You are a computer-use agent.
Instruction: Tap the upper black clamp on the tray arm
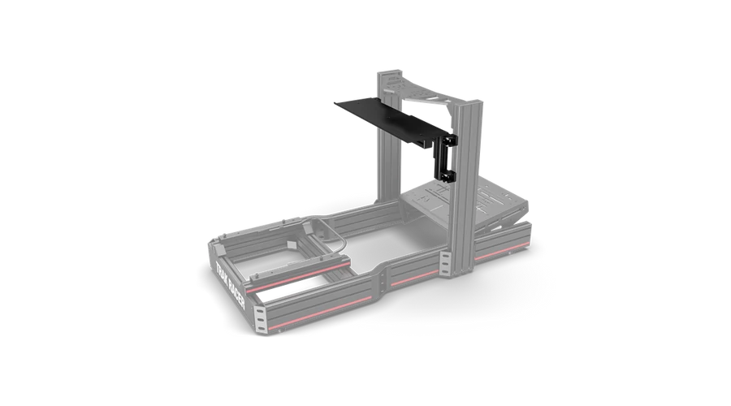(449, 140)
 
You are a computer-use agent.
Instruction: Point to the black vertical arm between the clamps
(443, 158)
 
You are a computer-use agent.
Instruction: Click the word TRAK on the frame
(223, 275)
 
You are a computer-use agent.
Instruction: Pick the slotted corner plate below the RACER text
(260, 319)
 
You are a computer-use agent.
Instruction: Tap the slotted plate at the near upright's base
(445, 265)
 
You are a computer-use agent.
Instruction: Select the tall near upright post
(466, 187)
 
